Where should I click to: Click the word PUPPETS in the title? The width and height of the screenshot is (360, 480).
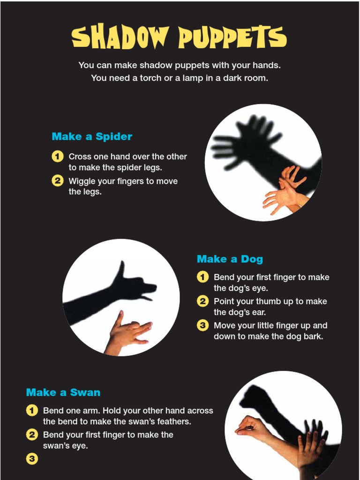(x=232, y=37)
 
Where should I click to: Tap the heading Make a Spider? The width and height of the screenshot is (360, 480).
(x=92, y=136)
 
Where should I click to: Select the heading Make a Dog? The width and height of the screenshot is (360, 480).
(x=230, y=259)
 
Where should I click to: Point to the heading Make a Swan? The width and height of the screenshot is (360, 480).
(x=63, y=392)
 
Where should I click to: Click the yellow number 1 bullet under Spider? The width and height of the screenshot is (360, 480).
(x=57, y=157)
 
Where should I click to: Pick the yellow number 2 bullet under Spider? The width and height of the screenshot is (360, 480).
(x=57, y=181)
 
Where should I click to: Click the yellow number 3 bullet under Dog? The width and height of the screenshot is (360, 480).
(x=202, y=325)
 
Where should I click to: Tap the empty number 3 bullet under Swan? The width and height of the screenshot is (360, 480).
(x=31, y=459)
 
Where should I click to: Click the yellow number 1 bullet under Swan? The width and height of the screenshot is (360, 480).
(x=31, y=411)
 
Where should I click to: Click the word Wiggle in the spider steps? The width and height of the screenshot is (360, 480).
(x=82, y=181)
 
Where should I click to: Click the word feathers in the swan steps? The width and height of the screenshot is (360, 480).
(x=173, y=421)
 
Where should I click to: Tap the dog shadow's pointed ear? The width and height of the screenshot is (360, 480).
(x=121, y=270)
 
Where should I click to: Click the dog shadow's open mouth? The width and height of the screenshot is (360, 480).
(x=149, y=293)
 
